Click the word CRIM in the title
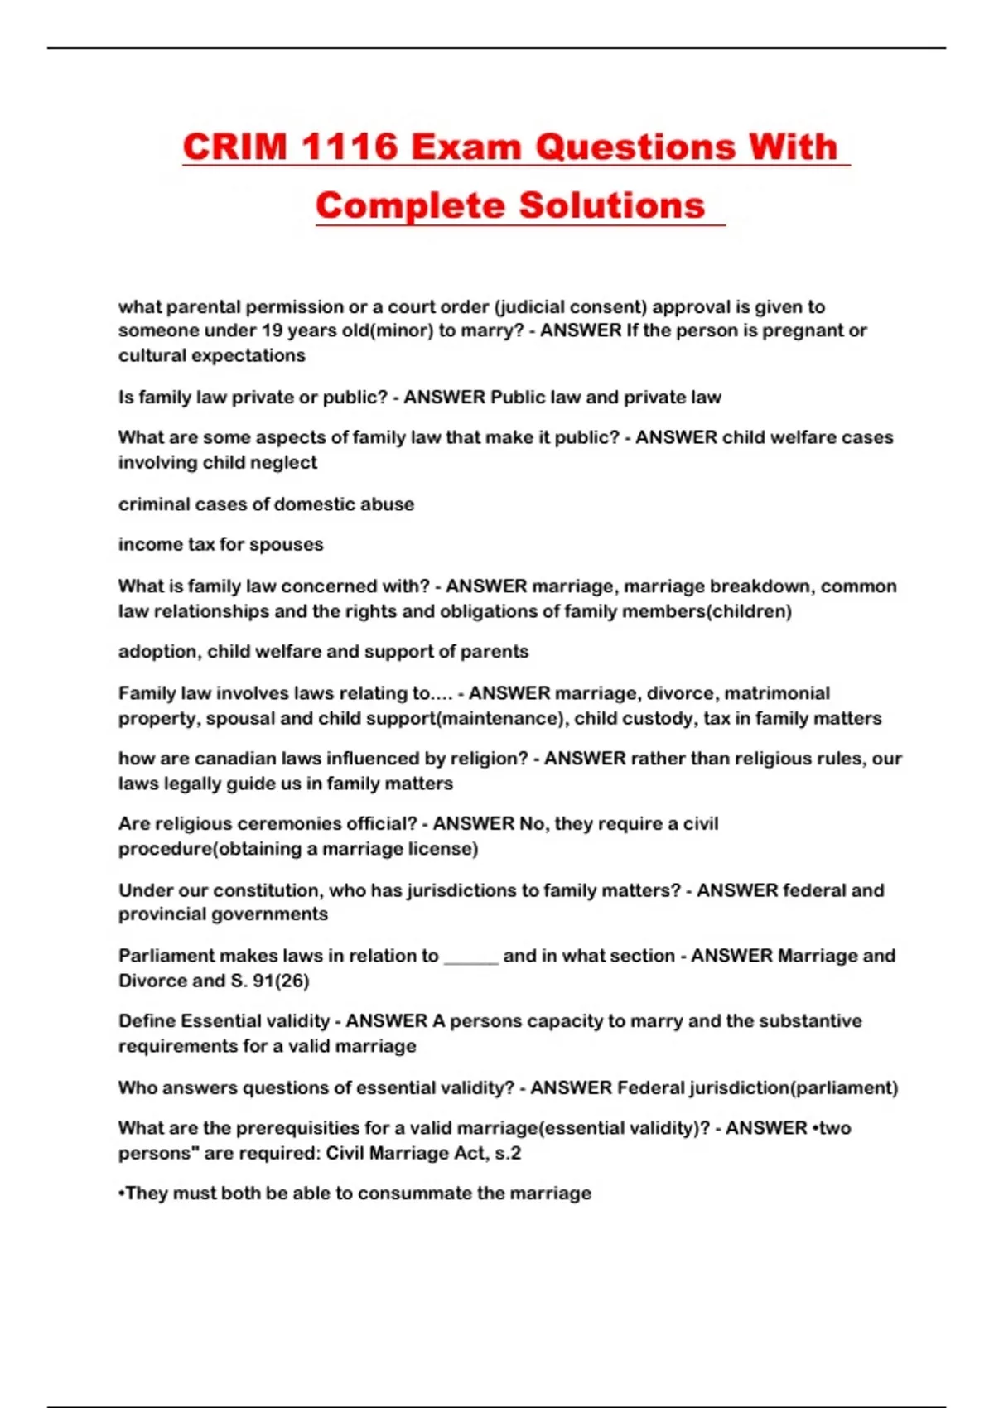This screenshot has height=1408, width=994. tap(234, 147)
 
